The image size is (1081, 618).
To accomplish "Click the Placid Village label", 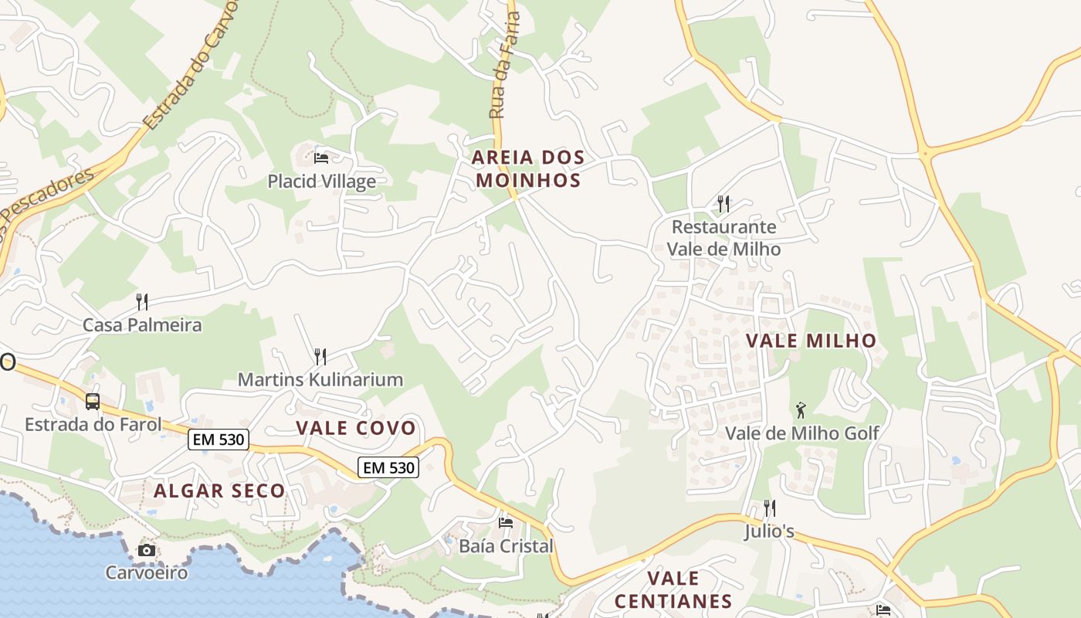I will (x=321, y=182).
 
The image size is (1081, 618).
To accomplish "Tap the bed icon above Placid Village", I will (x=321, y=158).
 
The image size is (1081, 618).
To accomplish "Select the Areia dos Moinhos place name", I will (x=528, y=169).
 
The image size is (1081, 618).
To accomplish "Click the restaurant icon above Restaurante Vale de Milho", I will (x=723, y=204).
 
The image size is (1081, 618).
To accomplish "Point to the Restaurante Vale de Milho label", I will (x=723, y=238).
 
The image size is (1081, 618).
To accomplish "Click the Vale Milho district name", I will (x=811, y=341).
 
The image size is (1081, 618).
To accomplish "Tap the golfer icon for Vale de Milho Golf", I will (x=801, y=409).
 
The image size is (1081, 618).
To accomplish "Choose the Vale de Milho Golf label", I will (x=801, y=433).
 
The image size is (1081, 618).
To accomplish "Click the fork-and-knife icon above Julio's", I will (x=769, y=508).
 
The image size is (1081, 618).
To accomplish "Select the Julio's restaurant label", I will (x=769, y=532).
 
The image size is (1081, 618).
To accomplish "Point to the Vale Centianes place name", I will (x=673, y=589).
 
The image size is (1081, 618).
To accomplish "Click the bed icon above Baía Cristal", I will (x=506, y=523).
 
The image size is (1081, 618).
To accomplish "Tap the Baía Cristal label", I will (x=506, y=546).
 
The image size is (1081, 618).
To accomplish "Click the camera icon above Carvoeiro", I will (x=146, y=550).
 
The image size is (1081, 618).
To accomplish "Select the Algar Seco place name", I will (x=219, y=491).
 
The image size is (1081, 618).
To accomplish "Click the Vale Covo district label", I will (x=356, y=428).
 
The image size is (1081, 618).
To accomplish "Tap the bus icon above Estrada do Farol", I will (x=93, y=402).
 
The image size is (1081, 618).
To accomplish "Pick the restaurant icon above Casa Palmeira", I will (x=142, y=301).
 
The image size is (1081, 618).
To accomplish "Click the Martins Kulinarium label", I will (x=320, y=379).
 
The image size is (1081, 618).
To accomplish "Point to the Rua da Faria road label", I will (x=506, y=65).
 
